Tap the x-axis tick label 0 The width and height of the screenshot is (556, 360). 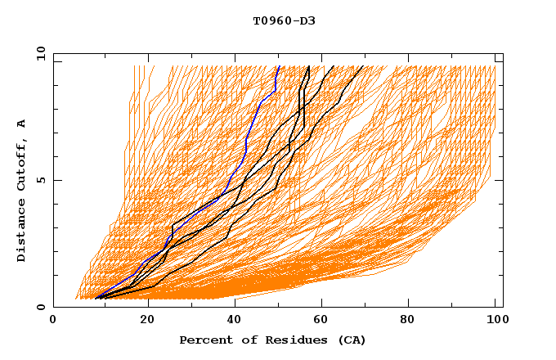coord(53,320)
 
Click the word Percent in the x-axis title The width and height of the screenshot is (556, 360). coord(204,340)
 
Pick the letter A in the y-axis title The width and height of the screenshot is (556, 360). coord(21,124)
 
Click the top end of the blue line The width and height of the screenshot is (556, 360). coord(279,66)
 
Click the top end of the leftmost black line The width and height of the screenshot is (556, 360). coord(307,66)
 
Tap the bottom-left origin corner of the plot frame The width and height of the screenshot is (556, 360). coord(53,307)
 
